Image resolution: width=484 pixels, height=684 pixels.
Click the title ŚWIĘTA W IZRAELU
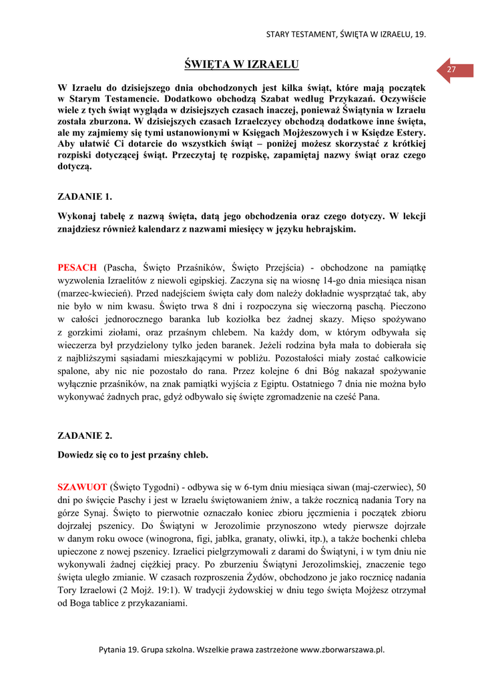241,64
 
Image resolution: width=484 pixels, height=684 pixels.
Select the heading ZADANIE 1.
85,196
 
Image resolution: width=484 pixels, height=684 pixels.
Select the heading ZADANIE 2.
85,436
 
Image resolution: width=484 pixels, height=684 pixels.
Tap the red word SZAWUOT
81,486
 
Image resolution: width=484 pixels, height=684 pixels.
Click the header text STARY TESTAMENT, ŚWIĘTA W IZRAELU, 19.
346,33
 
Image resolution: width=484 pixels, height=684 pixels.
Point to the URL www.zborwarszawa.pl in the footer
342,649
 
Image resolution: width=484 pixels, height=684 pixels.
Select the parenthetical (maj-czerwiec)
379,486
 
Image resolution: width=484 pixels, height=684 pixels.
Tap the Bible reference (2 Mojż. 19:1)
160,590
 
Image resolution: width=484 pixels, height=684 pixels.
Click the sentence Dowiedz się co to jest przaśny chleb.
134,455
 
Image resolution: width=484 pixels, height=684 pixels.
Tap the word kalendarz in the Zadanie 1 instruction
176,229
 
